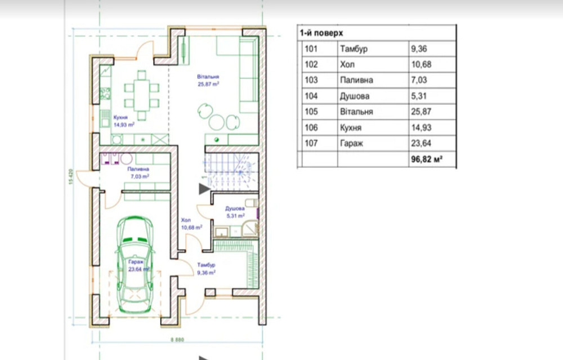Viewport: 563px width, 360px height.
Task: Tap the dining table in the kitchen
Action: [142, 95]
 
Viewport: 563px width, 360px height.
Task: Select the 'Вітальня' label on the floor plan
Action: [208, 77]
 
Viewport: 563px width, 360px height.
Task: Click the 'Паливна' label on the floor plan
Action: [138, 169]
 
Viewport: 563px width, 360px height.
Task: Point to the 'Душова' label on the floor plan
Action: [235, 208]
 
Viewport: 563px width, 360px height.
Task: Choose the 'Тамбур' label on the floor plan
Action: [206, 265]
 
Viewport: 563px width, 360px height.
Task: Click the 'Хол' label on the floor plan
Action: [186, 220]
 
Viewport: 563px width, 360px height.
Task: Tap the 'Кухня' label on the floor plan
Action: [120, 118]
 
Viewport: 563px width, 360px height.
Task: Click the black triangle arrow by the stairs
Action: [204, 189]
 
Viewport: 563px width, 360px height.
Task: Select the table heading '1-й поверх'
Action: [321, 33]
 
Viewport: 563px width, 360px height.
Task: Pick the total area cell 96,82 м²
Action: [427, 159]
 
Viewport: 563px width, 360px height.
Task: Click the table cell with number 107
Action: [311, 143]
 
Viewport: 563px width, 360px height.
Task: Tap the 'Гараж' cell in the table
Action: [351, 143]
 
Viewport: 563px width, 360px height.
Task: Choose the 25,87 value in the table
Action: [421, 112]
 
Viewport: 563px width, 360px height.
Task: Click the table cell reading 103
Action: [311, 80]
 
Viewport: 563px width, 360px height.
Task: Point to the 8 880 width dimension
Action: [177, 340]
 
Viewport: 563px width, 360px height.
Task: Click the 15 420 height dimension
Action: [71, 177]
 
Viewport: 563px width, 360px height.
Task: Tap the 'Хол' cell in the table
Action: [347, 64]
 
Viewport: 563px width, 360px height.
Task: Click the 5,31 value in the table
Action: [419, 96]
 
